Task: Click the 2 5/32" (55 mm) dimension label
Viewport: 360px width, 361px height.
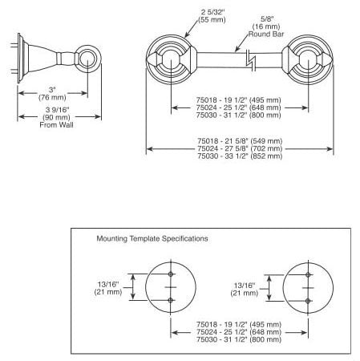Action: click(212, 16)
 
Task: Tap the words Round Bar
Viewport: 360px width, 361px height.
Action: click(266, 34)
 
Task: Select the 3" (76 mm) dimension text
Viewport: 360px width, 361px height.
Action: click(52, 94)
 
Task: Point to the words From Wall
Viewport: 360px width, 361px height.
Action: click(56, 125)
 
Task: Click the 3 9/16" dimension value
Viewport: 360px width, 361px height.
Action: click(57, 110)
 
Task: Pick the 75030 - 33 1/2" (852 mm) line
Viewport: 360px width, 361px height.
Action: click(240, 156)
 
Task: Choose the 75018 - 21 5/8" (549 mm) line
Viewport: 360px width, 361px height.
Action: click(240, 141)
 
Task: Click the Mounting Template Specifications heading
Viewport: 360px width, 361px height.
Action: click(152, 238)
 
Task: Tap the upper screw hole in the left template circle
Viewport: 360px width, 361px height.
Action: click(171, 274)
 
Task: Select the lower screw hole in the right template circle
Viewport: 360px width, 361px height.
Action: click(308, 301)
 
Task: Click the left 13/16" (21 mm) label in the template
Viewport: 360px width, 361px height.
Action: click(108, 288)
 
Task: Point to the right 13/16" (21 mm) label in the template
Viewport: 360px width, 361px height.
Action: click(245, 290)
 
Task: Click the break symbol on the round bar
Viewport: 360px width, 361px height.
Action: click(251, 60)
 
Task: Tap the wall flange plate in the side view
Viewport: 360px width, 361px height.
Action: click(19, 58)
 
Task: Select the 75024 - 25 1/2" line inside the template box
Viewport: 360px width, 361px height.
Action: click(239, 332)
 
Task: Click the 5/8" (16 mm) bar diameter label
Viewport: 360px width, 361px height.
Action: click(266, 22)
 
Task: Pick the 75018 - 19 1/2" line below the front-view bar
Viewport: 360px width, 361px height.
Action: click(239, 100)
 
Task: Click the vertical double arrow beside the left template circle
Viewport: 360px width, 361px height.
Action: click(133, 287)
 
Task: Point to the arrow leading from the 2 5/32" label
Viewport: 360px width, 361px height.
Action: click(192, 29)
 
